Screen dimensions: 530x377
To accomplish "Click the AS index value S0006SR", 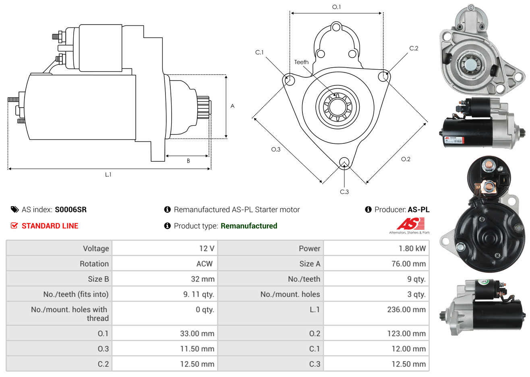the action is coord(70,210).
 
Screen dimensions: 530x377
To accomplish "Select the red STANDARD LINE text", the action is coord(50,226).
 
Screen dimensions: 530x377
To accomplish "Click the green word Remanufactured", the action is coord(249,226).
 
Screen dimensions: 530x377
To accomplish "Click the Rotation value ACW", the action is coord(205,264).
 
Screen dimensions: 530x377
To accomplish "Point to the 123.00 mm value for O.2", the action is coord(406,333).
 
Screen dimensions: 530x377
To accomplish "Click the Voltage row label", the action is coord(96,249).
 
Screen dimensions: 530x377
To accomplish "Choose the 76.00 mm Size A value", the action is coord(409,264).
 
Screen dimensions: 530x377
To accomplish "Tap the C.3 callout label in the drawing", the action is coord(344,192).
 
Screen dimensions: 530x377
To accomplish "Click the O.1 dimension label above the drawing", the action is coord(336,7).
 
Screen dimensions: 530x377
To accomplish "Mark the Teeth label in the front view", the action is coord(301,62).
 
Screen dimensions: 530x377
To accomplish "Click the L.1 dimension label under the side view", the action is coord(108,175).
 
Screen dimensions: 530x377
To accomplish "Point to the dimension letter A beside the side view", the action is coord(232,106).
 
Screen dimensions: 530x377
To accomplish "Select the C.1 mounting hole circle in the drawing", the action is coord(289,79).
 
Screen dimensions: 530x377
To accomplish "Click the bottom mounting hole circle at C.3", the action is coord(344,163).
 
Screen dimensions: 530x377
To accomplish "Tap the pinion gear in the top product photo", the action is coord(471,64).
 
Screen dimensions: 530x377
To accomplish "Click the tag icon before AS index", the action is coord(14,210).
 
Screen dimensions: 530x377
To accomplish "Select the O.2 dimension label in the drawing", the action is coord(406,159).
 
